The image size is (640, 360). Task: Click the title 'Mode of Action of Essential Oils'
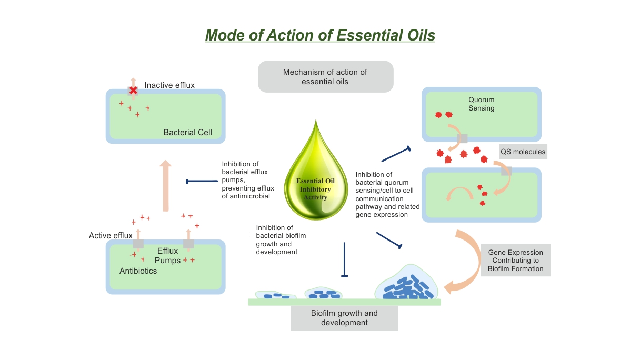coord(320,35)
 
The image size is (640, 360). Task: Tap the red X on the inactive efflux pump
coord(133,91)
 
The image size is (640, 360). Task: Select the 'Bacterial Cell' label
coord(188,132)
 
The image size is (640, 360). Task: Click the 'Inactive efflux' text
coord(169,85)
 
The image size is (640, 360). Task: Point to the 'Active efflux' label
coord(111,235)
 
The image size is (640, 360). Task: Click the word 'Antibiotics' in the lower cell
coord(138,271)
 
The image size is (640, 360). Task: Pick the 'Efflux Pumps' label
coord(168,256)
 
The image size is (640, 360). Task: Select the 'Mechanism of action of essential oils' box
coord(325,77)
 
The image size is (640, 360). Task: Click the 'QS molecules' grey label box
coord(523,152)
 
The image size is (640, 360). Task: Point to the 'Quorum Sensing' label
coord(482,104)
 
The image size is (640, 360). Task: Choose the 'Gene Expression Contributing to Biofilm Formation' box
coord(515,261)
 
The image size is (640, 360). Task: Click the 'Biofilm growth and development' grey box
coord(344,318)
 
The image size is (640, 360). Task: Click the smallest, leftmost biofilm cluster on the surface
coord(275,296)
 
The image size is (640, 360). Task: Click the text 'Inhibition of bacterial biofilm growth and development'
coord(281,240)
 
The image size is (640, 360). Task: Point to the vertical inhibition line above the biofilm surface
coord(344,259)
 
